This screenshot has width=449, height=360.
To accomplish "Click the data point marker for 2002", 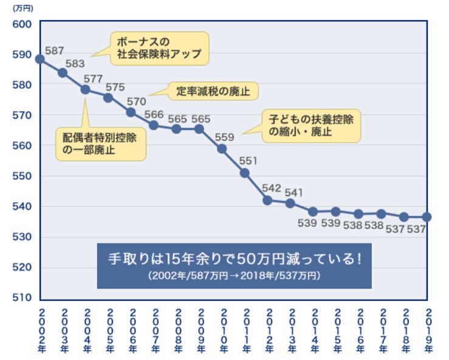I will pos(40,59).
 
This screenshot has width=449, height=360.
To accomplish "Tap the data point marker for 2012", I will pos(267,200).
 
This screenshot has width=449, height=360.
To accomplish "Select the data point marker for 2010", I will pos(222,148).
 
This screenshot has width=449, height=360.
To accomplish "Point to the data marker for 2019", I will pos(427,217).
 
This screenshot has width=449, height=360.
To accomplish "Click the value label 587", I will pos(54,50).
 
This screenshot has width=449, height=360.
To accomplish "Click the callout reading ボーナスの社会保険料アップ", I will pos(159,49).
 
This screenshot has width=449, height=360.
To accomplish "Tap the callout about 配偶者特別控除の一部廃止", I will pos(101,143).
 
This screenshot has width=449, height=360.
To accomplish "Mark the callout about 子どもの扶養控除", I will pos(311,126).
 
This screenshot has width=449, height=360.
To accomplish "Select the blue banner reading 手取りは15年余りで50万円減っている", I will pos(234,265).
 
